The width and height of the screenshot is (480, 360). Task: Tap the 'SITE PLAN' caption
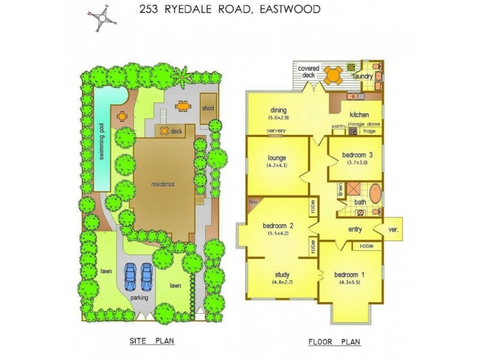point(152,341)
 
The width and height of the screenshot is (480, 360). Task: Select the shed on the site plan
point(208,109)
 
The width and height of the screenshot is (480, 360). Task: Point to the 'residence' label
point(163,184)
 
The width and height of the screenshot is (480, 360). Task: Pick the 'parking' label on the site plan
point(140,297)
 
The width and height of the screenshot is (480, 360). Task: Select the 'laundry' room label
point(363,77)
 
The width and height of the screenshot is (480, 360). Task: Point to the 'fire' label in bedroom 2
point(252,203)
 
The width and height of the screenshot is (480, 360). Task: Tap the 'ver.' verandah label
point(394,229)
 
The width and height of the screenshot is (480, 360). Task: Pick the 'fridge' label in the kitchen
point(370,130)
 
